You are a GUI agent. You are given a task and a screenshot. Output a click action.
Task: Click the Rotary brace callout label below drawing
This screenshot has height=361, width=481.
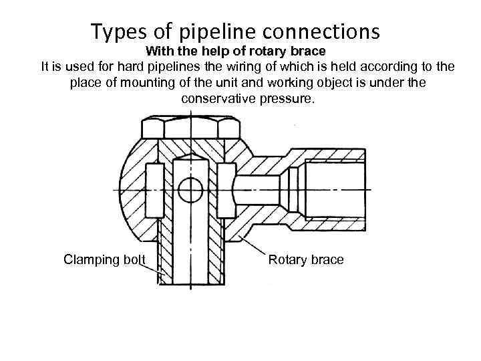(x=306, y=259)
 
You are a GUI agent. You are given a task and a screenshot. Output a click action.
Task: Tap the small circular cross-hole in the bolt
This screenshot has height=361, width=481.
(x=190, y=189)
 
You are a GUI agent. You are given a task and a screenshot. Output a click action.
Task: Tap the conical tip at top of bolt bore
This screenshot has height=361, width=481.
(x=190, y=157)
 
